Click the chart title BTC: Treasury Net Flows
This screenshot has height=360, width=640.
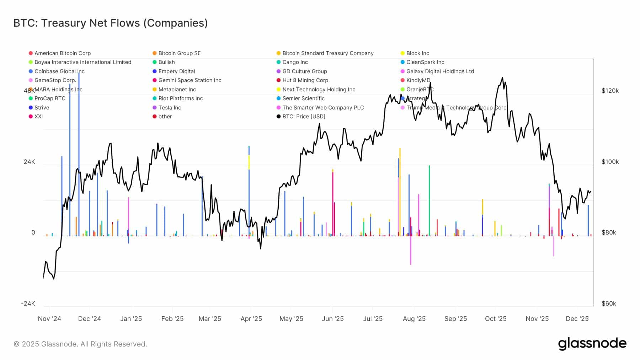click(110, 23)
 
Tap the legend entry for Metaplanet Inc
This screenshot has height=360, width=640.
click(177, 90)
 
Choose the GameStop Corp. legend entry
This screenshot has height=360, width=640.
click(55, 80)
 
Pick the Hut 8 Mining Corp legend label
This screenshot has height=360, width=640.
click(305, 80)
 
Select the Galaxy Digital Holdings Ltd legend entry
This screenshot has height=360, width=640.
click(440, 71)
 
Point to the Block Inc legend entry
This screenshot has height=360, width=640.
click(417, 53)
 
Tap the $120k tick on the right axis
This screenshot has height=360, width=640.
click(610, 91)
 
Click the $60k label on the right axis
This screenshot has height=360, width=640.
click(608, 303)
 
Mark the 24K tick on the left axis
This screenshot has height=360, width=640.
click(30, 162)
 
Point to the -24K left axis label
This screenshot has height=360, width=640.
click(28, 303)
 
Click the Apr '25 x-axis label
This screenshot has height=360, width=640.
click(251, 319)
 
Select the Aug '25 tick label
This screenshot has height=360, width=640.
click(414, 319)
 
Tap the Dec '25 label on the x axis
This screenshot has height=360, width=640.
click(577, 319)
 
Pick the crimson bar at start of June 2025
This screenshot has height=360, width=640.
click(333, 203)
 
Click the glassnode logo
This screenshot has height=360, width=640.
click(592, 344)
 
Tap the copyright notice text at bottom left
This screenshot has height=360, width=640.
click(80, 344)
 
